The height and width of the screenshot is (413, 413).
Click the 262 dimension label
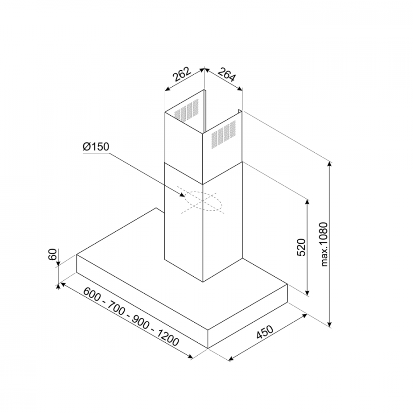[181, 74]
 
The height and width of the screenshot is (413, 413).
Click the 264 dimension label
[226, 74]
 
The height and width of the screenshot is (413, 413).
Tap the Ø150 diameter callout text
[95, 147]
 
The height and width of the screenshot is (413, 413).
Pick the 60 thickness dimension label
[53, 254]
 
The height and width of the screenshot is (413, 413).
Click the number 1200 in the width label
[168, 338]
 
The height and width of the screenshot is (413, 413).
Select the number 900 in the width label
[140, 322]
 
